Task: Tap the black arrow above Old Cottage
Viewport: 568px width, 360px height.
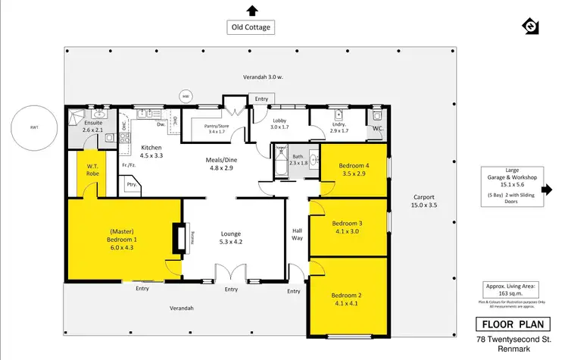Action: pyautogui.click(x=252, y=10)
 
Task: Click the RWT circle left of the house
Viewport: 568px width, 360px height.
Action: pyautogui.click(x=33, y=127)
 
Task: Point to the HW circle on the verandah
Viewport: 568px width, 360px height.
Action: pyautogui.click(x=185, y=96)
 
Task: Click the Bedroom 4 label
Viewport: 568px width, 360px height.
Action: pyautogui.click(x=354, y=170)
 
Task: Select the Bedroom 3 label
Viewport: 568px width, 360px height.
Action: pyautogui.click(x=349, y=227)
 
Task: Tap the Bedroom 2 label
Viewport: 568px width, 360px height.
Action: pyautogui.click(x=348, y=299)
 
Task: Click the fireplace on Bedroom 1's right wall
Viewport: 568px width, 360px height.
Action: pyautogui.click(x=178, y=238)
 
